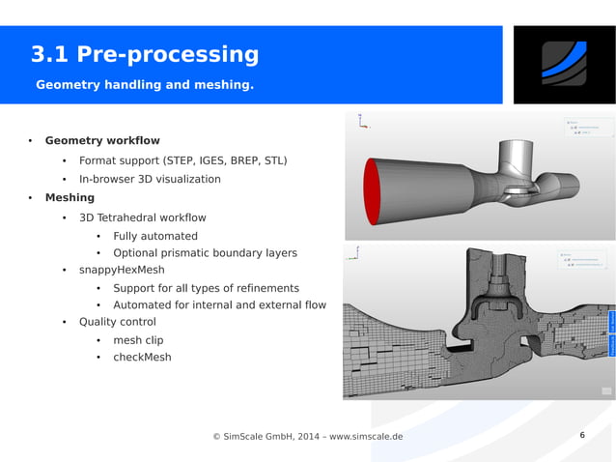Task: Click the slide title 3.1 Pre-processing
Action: click(145, 54)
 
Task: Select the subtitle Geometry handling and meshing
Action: click(145, 85)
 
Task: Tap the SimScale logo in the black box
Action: click(564, 64)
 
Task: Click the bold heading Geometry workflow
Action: click(102, 141)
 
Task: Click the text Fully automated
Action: click(154, 236)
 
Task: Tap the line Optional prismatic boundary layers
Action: click(205, 253)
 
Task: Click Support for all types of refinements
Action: click(206, 288)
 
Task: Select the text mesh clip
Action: click(138, 340)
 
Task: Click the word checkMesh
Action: click(142, 358)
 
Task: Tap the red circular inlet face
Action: click(373, 189)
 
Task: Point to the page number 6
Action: click(582, 435)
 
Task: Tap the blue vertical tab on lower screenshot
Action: click(611, 333)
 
